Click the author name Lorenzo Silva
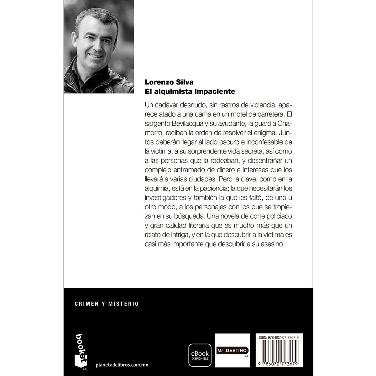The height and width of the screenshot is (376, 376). pyautogui.click(x=169, y=82)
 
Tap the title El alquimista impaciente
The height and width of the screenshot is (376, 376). pyautogui.click(x=190, y=91)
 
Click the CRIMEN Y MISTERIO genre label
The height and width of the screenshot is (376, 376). pyautogui.click(x=107, y=304)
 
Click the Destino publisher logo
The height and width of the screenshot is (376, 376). pyautogui.click(x=232, y=350)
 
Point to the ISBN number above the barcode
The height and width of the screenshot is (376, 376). pyautogui.click(x=279, y=337)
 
